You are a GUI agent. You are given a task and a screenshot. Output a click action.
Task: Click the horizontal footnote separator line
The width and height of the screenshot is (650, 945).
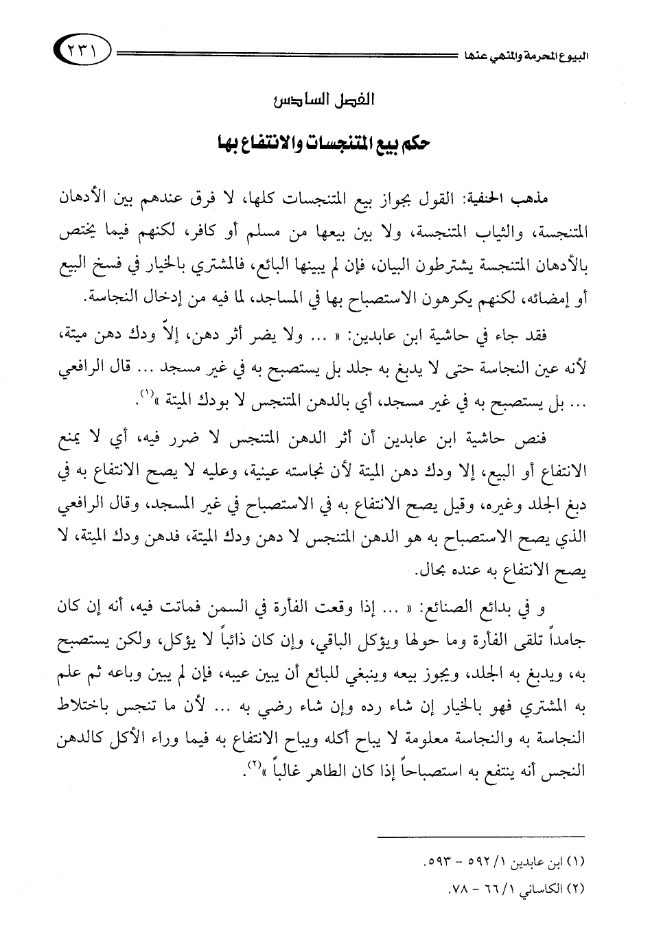[482, 836]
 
